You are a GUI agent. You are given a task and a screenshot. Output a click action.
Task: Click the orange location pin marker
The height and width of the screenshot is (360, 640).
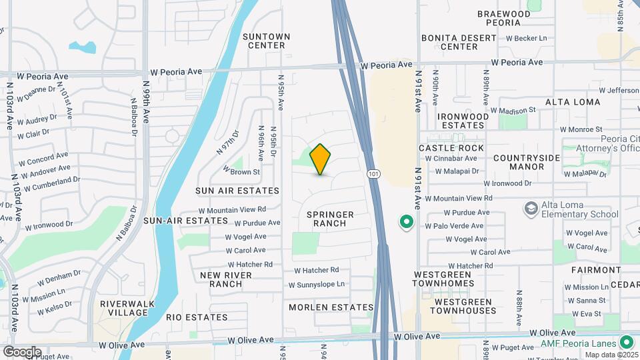pos(321,159)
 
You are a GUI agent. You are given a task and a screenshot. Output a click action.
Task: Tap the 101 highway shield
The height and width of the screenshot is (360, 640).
pos(373,173)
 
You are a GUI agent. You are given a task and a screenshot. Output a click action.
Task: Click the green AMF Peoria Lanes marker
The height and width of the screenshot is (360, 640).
pos(626,343)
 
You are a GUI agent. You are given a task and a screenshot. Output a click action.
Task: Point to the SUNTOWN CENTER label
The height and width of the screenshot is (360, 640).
pos(266,41)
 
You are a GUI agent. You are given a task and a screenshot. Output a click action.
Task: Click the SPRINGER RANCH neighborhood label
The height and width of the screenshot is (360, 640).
pos(330,219)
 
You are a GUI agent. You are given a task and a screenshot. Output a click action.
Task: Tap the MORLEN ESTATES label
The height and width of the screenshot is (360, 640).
pos(331,307)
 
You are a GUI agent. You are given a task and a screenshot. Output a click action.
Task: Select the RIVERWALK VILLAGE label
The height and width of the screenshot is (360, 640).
pos(123,308)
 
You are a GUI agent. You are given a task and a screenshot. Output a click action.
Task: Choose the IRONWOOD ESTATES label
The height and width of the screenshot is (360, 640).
pos(463,121)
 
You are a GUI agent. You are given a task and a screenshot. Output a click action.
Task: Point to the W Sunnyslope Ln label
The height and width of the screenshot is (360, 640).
pos(317,285)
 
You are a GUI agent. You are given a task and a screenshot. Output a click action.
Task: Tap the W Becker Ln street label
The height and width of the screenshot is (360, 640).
pos(527,40)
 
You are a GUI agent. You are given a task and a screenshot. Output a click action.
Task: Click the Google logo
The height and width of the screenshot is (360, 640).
pos(22,352)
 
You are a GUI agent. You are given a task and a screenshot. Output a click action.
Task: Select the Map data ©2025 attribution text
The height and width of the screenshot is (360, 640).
pos(611,355)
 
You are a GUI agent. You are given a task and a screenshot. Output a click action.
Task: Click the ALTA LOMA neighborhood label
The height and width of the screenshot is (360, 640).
pos(573,102)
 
